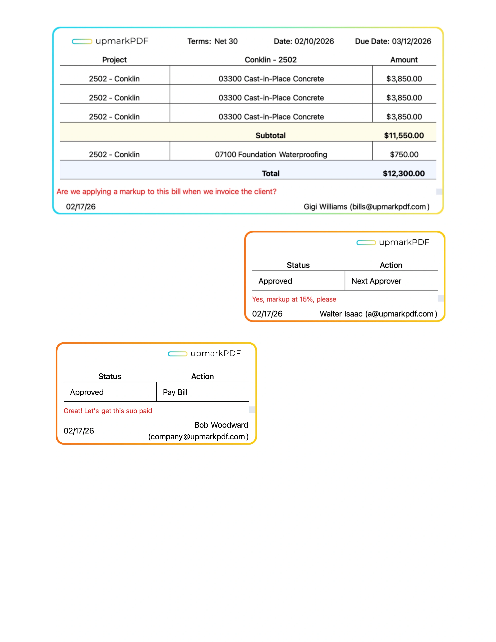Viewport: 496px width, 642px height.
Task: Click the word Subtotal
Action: (x=270, y=136)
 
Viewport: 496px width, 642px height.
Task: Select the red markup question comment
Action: (x=166, y=192)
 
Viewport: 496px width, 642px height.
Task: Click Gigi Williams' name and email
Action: (x=366, y=207)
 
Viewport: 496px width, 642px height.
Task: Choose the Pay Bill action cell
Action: (x=175, y=392)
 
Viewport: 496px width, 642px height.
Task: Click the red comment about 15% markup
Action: (x=294, y=299)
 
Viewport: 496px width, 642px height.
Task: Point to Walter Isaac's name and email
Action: (x=378, y=314)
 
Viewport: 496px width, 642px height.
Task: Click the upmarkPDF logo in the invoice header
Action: (x=110, y=41)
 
